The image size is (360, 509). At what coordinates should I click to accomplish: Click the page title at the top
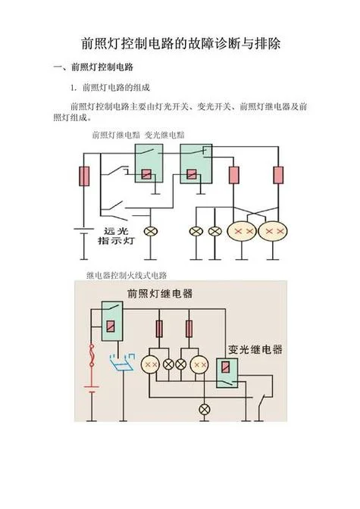[180, 43]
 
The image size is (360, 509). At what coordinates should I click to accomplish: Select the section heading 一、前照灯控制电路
[93, 67]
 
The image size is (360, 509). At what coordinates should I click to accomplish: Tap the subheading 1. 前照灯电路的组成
[110, 88]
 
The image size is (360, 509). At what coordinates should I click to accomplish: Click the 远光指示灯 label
[116, 236]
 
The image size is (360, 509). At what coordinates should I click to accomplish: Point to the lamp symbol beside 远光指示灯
[150, 232]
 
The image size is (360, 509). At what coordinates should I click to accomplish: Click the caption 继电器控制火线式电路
[127, 276]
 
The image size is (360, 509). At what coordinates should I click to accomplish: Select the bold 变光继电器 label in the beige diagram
[255, 350]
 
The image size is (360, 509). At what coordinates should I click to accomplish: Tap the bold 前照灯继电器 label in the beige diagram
[160, 293]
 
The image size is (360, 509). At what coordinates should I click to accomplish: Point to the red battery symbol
[92, 389]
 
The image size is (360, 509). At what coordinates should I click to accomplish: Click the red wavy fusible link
[92, 355]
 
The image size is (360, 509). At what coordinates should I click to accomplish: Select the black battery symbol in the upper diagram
[84, 231]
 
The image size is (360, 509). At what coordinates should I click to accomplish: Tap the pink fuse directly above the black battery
[84, 176]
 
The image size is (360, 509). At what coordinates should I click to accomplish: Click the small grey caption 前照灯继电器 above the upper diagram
[116, 135]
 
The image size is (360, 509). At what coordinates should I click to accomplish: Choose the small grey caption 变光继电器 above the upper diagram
[164, 135]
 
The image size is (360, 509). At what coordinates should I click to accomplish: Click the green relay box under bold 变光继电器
[227, 373]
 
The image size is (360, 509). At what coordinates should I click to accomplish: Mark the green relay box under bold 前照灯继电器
[112, 321]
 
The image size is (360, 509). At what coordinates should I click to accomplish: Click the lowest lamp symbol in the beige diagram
[204, 410]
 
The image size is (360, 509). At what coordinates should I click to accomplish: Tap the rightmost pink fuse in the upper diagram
[278, 175]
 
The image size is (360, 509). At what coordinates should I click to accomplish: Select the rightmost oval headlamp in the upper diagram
[273, 231]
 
